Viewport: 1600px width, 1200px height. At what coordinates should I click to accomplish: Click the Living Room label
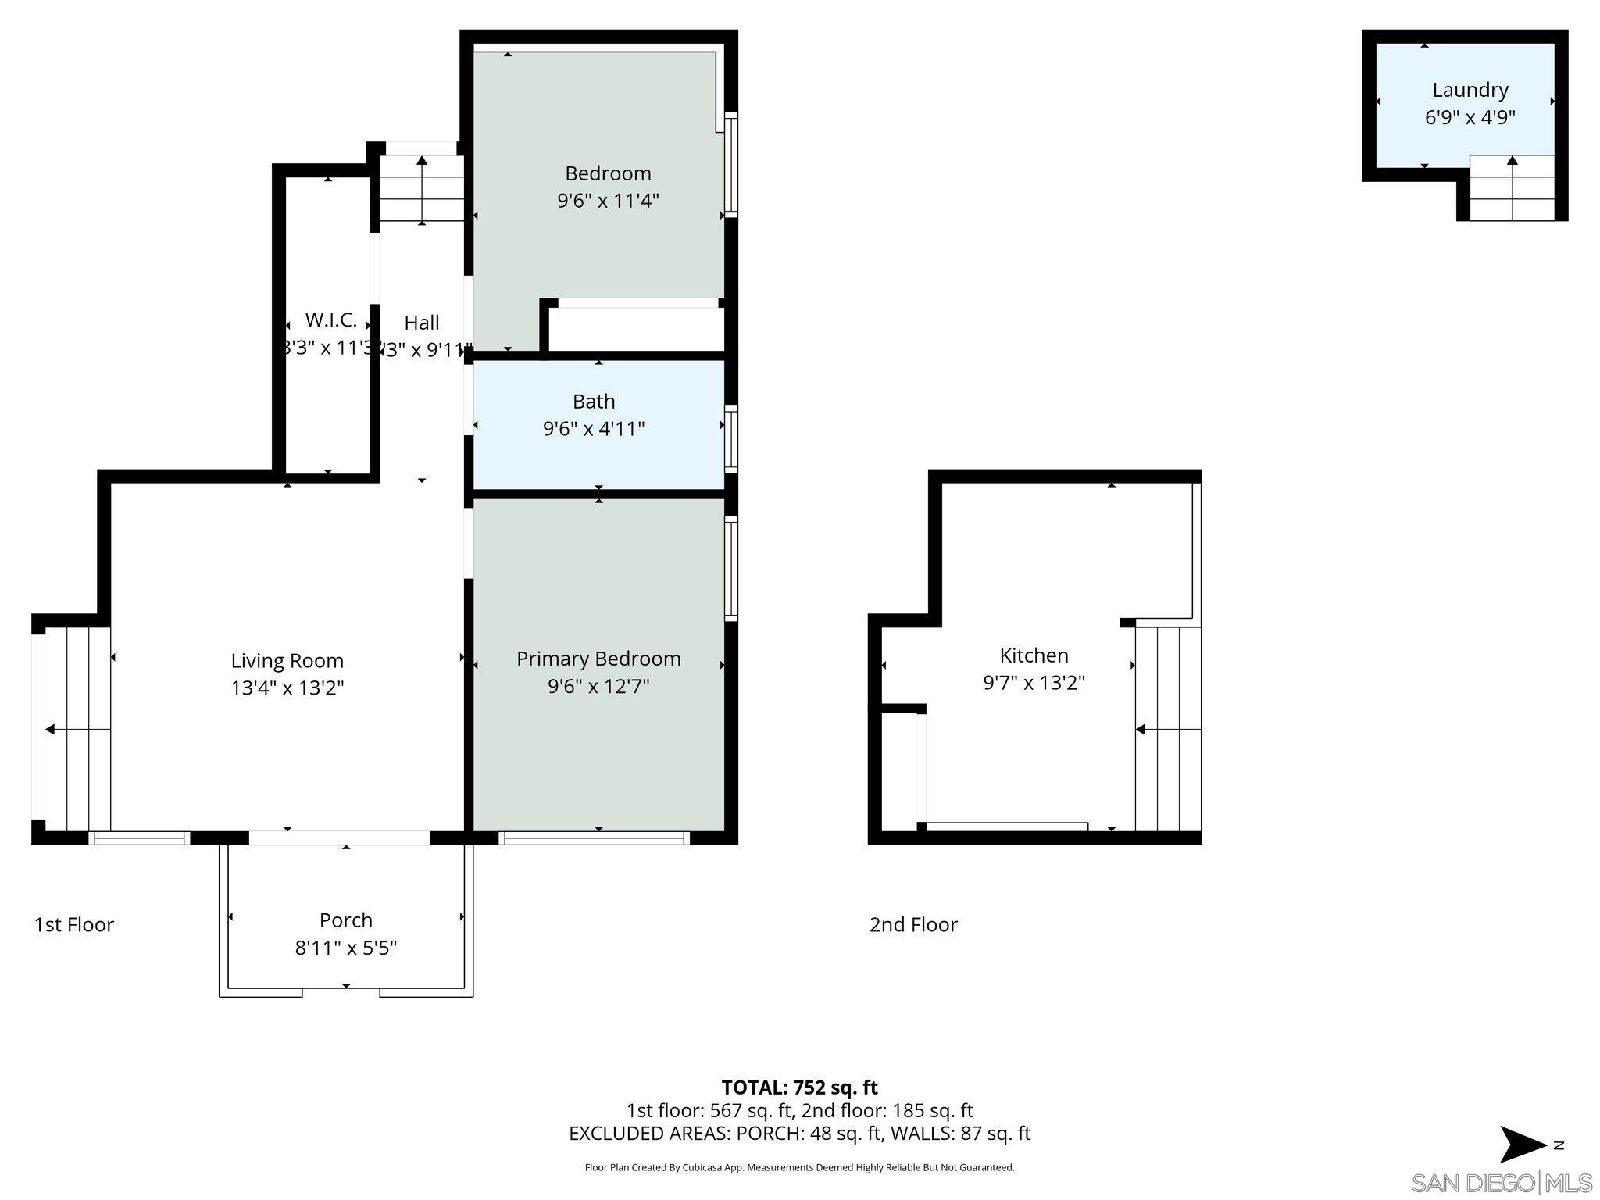[287, 660]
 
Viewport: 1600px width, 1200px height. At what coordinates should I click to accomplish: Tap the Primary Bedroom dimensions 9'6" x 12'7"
[598, 686]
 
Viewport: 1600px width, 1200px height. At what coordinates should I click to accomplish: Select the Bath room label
[594, 401]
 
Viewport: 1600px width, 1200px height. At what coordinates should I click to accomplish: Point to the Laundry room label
[1470, 90]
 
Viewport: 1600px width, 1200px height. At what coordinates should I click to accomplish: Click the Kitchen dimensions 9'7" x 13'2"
[1034, 682]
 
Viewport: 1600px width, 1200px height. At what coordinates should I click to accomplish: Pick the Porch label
[345, 920]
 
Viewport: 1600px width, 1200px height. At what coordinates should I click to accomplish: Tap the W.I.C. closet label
[331, 320]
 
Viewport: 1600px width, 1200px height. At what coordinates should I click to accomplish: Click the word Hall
[421, 322]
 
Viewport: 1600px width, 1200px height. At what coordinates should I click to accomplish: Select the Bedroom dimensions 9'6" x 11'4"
[608, 201]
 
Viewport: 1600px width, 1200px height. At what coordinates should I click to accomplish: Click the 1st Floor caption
[74, 924]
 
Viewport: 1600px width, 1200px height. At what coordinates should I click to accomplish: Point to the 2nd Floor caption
[913, 924]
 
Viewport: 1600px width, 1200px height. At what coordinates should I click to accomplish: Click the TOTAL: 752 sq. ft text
[799, 1087]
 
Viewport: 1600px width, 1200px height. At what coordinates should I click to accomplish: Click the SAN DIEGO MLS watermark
[1501, 1183]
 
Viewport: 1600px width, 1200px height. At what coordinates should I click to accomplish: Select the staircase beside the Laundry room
[1512, 188]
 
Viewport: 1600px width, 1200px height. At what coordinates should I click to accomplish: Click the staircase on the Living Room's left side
[77, 729]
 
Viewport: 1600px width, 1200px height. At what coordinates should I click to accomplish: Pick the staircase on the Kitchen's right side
[1167, 729]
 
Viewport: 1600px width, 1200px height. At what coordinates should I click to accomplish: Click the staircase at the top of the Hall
[422, 189]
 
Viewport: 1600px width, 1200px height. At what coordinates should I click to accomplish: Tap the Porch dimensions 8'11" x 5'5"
[345, 948]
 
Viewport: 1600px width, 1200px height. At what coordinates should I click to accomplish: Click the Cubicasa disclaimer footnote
[799, 1167]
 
